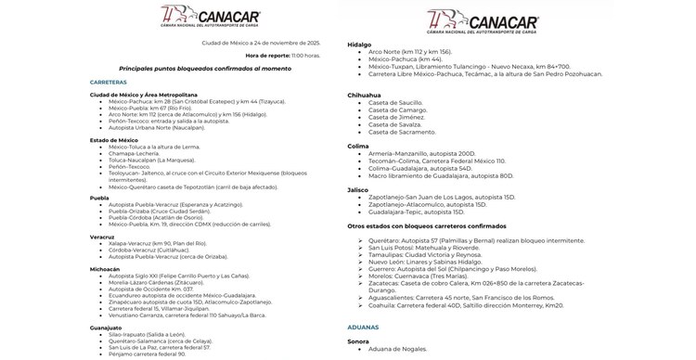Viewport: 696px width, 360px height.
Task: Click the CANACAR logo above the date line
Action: pos(212,19)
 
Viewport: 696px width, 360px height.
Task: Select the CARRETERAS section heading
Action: pos(109,83)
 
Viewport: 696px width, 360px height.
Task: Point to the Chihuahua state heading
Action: pos(365,95)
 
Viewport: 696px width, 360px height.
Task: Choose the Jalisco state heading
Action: pos(358,189)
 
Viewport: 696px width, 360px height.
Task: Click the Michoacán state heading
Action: pos(105,268)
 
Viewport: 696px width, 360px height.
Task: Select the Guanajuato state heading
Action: pos(107,328)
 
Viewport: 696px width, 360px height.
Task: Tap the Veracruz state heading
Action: pos(102,237)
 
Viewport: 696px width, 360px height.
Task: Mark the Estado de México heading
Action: pos(114,140)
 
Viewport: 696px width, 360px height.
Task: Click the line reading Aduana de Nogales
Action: pos(398,349)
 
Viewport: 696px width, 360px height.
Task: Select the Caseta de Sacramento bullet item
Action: pos(402,132)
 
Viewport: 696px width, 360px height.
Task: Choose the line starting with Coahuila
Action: pos(466,304)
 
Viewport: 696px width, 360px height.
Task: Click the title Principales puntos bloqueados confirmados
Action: pos(218,69)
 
